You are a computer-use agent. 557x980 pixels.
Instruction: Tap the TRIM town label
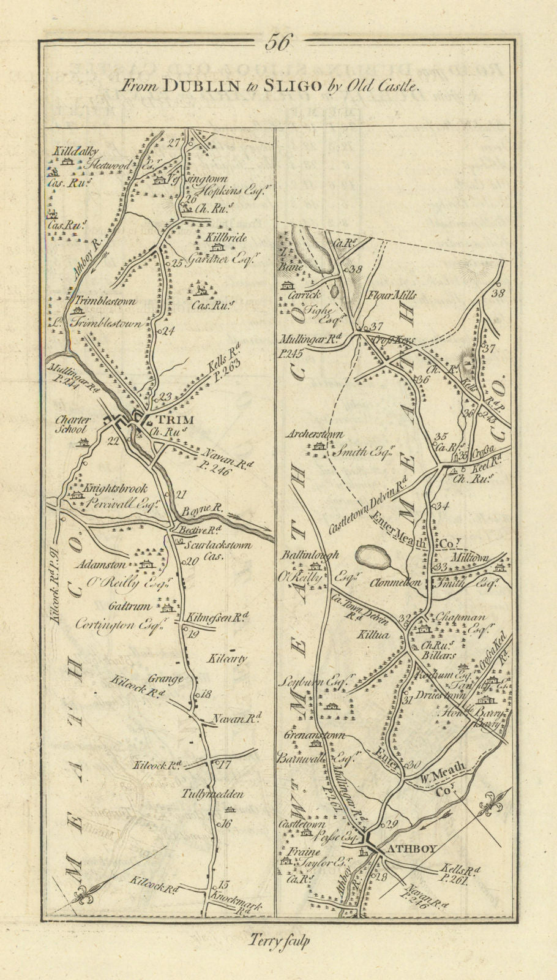click(x=176, y=420)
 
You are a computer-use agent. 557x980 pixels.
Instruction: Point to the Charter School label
click(x=73, y=424)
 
